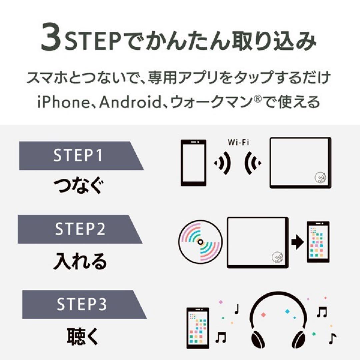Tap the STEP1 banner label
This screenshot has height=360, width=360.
pyautogui.click(x=78, y=156)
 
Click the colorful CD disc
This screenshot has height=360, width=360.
pyautogui.click(x=201, y=242)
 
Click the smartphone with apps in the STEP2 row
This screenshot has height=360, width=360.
pyautogui.click(x=318, y=242)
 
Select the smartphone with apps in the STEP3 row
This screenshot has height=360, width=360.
pyautogui.click(x=197, y=328)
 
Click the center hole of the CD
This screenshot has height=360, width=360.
pyautogui.click(x=201, y=242)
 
